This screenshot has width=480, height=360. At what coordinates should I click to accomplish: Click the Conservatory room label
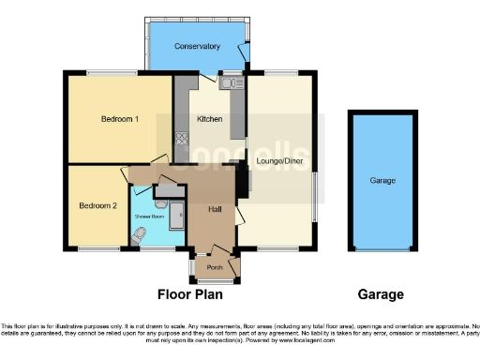tap(197, 46)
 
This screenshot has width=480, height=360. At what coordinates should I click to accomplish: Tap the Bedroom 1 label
tap(120, 119)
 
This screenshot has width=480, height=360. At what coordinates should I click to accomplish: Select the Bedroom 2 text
tap(97, 205)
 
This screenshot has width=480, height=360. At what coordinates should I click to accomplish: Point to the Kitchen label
tap(209, 119)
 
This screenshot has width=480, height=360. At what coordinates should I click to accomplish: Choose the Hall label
tap(214, 210)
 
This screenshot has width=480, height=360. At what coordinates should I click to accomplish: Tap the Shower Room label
tap(150, 216)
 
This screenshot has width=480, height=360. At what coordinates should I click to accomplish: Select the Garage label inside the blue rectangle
tap(382, 180)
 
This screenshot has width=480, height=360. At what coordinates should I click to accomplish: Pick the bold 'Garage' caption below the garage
tap(382, 294)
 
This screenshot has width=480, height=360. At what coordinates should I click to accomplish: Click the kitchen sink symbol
tap(227, 84)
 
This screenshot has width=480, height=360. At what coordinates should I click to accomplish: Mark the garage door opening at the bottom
tap(382, 250)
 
